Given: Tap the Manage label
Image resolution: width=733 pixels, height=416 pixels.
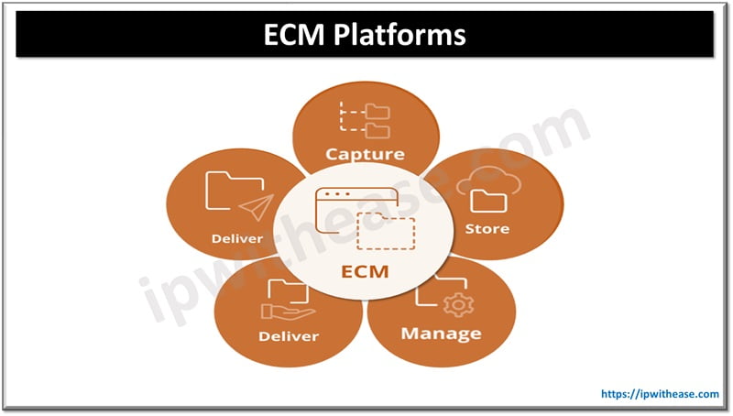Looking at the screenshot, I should (441, 331).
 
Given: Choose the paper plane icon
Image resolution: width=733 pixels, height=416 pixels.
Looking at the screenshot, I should (260, 206).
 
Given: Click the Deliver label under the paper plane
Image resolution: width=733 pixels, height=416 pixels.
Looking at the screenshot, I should (237, 239).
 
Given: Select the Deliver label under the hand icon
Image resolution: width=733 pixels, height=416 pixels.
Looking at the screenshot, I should (288, 336).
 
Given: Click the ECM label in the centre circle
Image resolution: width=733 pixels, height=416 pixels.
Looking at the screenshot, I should (365, 271).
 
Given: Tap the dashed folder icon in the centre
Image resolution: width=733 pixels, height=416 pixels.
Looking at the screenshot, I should (386, 233).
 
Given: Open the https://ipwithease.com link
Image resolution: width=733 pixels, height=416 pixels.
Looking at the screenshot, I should (660, 394).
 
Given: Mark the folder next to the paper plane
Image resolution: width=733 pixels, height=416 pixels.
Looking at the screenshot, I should (226, 191).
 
